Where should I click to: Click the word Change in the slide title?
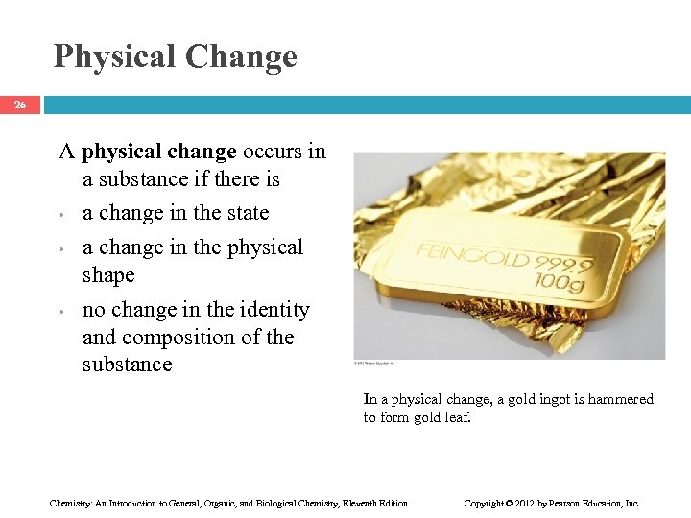241,57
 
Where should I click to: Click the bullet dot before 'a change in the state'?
61,215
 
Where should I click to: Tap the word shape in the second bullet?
108,275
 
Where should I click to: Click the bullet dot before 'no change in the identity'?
61,312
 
